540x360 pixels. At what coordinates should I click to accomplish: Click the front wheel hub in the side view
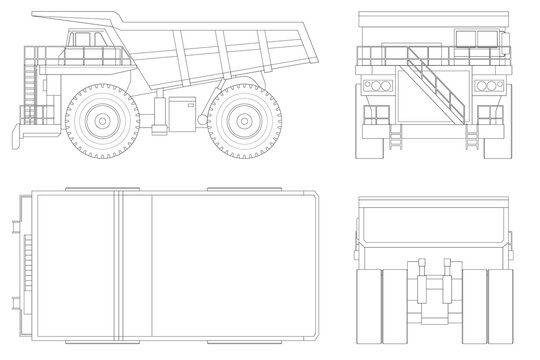click(x=101, y=122)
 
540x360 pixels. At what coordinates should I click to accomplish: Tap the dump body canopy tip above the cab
click(x=40, y=16)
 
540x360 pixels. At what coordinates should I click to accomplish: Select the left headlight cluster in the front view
click(x=377, y=86)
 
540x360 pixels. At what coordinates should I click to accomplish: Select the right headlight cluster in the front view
click(x=489, y=86)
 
